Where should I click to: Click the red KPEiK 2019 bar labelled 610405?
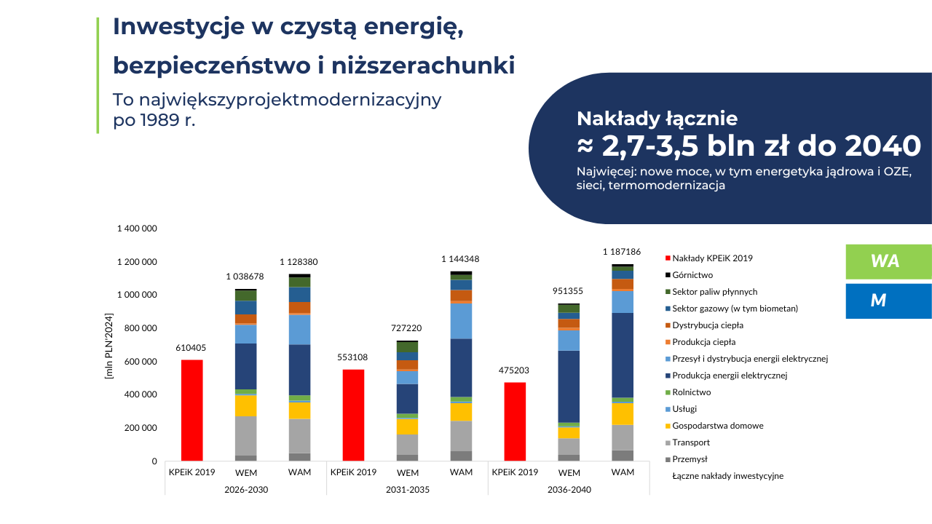coord(192,410)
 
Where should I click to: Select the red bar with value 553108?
coord(353,415)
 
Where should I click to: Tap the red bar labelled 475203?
coord(515,421)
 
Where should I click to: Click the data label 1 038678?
coord(245,277)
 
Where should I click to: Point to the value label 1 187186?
coord(622,252)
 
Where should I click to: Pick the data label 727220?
coord(406,328)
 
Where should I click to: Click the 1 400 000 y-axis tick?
coord(137,229)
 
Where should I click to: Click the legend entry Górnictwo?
coord(692,275)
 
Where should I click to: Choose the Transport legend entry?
coord(691,442)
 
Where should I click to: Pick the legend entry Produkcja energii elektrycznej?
coord(730,376)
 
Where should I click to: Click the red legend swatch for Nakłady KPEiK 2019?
coord(668,258)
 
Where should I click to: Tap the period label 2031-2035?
coord(407,490)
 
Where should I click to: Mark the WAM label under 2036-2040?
coord(623,472)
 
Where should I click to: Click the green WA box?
coord(888,261)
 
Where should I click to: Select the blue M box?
coord(888,301)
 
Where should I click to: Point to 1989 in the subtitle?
coord(160,120)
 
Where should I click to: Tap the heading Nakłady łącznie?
coord(657,119)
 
